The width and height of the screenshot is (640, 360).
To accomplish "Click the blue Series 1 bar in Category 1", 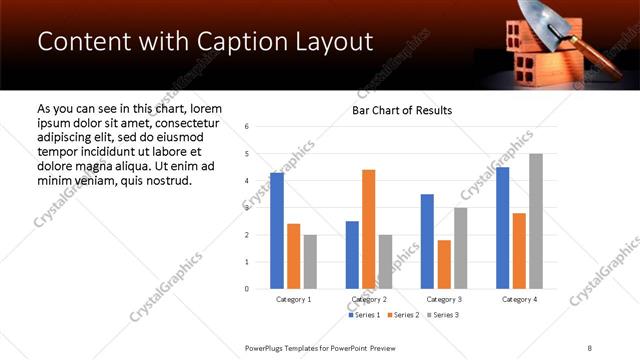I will [277, 231].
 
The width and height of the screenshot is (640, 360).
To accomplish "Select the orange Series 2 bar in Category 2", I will [368, 229].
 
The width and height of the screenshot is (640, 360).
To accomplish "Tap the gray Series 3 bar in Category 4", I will [535, 221].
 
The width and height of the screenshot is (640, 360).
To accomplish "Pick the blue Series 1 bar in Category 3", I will [427, 241].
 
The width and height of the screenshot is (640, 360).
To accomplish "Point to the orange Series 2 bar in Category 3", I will [443, 264].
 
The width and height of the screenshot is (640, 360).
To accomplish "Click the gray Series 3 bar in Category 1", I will [310, 262].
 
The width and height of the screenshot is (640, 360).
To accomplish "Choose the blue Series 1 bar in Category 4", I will [502, 228].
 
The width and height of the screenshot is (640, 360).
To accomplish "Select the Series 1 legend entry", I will [363, 316].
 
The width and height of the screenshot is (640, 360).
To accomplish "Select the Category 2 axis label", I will [369, 299].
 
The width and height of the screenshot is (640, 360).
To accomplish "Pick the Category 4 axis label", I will [519, 299].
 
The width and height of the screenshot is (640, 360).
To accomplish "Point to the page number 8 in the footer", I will [590, 347].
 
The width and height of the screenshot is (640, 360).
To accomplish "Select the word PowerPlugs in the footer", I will [265, 347].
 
